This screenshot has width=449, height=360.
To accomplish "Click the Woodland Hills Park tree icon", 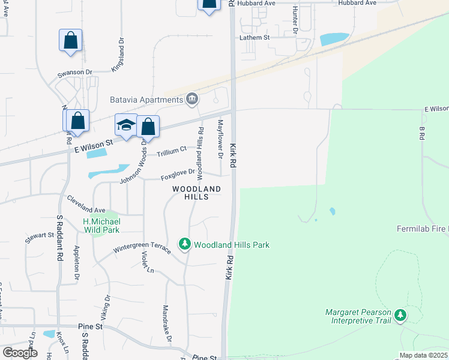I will point(185,244).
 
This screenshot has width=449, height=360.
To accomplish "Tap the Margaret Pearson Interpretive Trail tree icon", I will point(400,315).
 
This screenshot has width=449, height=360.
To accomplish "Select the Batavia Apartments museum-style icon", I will point(192,99).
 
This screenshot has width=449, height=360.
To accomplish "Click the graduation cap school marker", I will point(126,125).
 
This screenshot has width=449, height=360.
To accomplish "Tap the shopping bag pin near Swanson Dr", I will point(71,41).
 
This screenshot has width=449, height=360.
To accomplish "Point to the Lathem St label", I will point(256,37).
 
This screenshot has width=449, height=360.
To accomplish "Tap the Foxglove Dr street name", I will point(178,174).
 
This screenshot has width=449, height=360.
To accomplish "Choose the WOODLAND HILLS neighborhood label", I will point(196,193).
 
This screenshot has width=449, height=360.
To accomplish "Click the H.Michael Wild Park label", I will point(101,225).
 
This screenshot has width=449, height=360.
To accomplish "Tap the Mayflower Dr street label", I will point(220,139).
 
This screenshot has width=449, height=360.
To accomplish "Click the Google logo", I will point(19,352).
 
